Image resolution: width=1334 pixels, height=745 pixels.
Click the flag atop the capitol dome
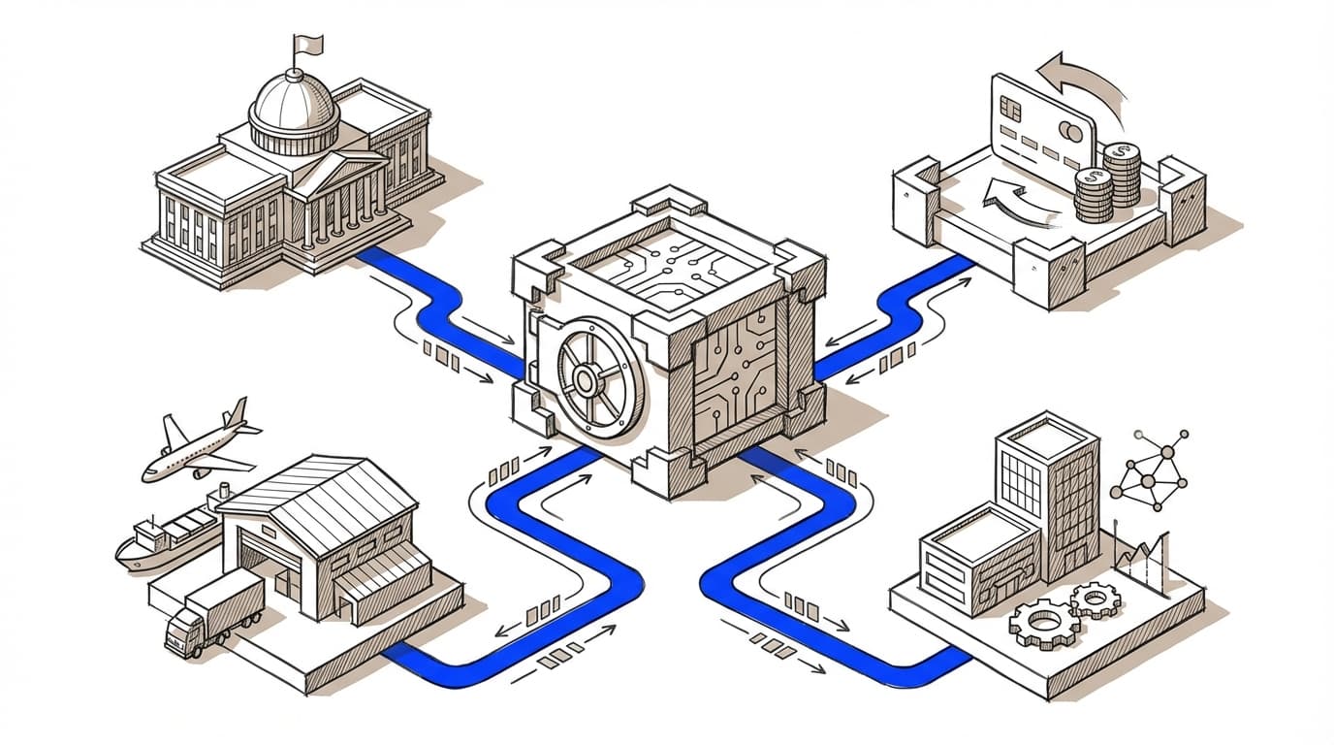point(309,44)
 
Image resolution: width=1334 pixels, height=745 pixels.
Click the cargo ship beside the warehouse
point(165,538)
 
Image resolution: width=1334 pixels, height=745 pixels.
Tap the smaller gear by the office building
point(1096,600)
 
